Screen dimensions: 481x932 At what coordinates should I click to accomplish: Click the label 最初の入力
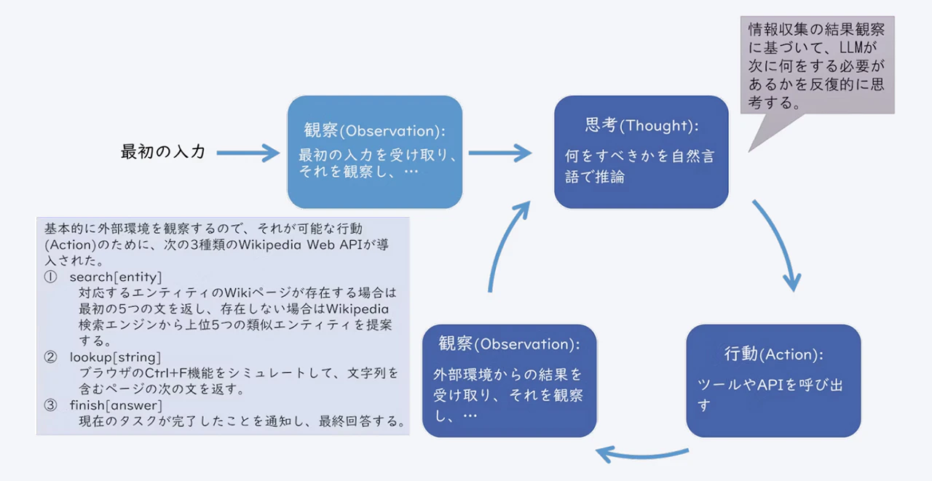pos(163,152)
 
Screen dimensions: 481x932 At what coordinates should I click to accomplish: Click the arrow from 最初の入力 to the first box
pos(248,153)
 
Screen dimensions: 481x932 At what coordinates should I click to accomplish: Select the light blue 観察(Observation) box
pos(374,152)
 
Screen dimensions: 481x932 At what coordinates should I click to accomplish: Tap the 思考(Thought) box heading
pos(641,126)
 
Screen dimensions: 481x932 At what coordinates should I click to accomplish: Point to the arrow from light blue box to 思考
pos(500,153)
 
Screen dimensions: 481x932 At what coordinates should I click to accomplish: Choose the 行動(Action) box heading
pos(773,354)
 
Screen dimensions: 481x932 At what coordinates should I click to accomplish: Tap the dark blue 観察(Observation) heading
pos(509,344)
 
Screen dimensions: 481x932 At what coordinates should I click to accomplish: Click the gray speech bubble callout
pos(817,65)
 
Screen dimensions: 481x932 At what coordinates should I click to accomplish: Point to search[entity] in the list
pos(116,277)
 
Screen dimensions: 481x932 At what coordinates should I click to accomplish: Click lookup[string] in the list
pos(115,357)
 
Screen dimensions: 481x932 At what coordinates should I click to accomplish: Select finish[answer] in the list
pos(116,405)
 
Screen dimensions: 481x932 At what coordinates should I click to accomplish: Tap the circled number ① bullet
pos(50,277)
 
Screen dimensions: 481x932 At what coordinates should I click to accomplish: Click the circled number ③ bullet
pos(50,405)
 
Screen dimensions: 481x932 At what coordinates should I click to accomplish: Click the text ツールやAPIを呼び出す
pos(770,394)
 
